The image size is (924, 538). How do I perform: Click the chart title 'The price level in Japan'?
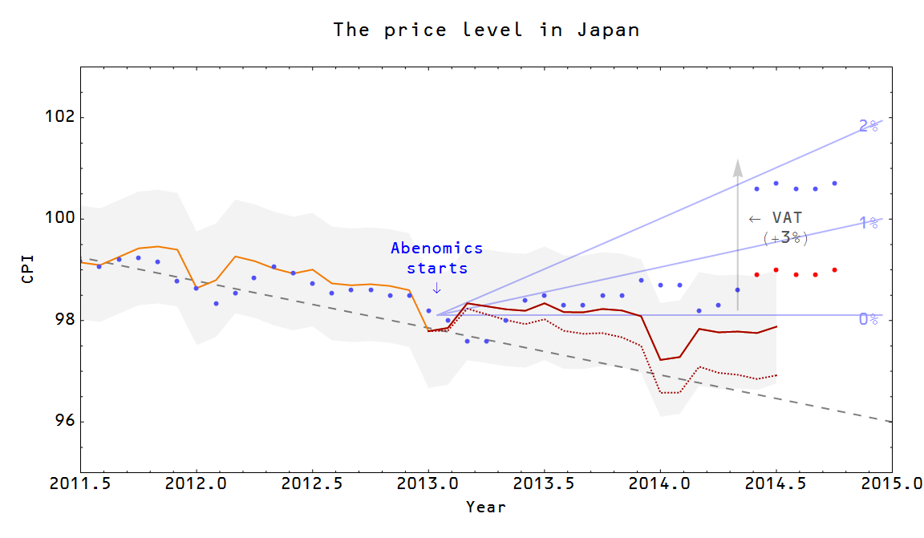point(486,30)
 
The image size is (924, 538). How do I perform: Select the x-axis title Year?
point(486,507)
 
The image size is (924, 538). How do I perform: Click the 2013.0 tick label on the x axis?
point(428,483)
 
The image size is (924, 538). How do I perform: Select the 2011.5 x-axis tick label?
point(80,483)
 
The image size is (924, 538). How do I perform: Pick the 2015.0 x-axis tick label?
point(891,483)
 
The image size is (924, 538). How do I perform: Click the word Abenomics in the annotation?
point(437,249)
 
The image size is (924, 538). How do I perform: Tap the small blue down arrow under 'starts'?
point(436,287)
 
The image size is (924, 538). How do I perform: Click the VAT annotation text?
point(786,218)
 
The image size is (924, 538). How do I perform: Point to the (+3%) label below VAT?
point(785,238)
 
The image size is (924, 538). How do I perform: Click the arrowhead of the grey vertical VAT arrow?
point(738,166)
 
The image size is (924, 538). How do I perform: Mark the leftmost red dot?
point(756,274)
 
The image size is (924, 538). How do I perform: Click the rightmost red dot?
point(834,269)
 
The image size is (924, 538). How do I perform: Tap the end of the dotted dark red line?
point(776,375)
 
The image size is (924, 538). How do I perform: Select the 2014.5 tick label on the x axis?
point(776,483)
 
